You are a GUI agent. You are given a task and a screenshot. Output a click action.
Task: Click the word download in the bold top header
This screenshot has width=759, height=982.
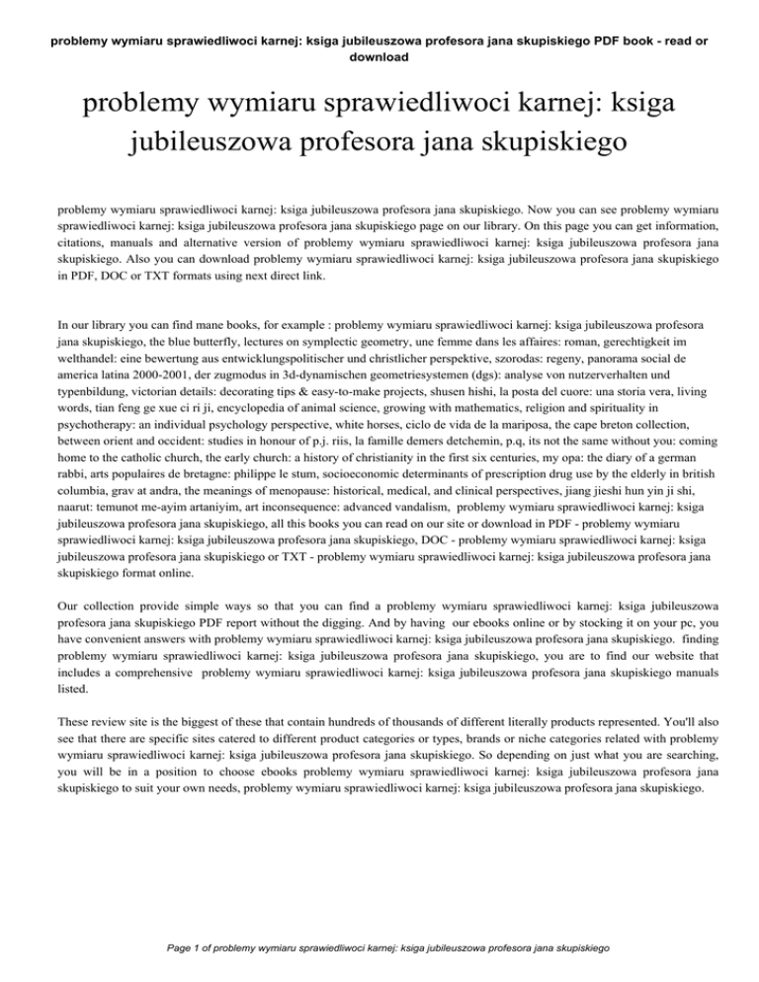coord(379,57)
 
